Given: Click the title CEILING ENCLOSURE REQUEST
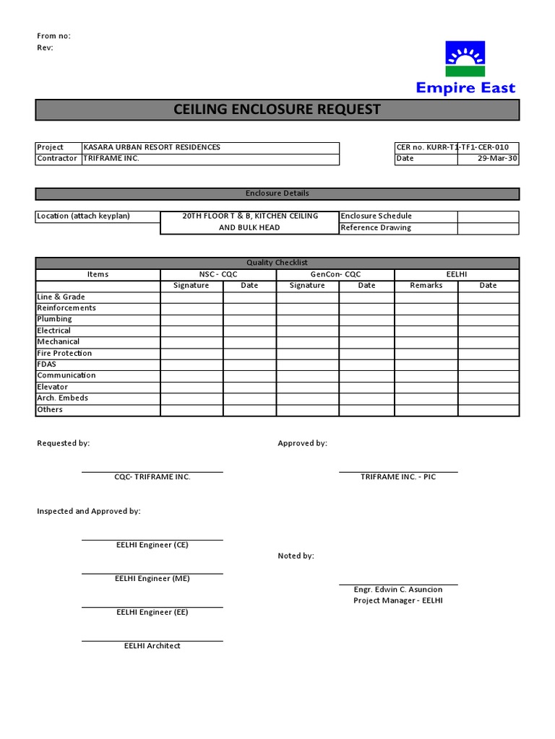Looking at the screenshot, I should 277,110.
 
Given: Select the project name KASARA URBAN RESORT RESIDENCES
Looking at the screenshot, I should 152,147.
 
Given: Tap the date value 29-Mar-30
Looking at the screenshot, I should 497,159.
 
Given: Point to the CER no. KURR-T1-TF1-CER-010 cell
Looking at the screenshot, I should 456,147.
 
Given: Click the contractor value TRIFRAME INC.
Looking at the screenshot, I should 111,159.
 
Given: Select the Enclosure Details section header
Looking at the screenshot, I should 277,193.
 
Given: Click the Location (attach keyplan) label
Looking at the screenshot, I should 83,217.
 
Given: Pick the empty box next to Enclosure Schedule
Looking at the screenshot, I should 488,217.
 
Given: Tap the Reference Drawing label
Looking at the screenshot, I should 375,228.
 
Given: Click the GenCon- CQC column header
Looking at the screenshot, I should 335,274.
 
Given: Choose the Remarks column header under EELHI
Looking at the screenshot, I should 426,286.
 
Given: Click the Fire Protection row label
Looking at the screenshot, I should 64,354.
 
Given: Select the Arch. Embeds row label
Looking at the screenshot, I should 62,398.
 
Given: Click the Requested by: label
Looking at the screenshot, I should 64,443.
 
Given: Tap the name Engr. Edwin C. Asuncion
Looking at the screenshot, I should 397,590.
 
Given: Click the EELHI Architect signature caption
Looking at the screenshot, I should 152,646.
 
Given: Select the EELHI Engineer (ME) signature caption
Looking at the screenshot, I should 152,579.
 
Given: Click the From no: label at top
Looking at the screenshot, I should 53,36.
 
